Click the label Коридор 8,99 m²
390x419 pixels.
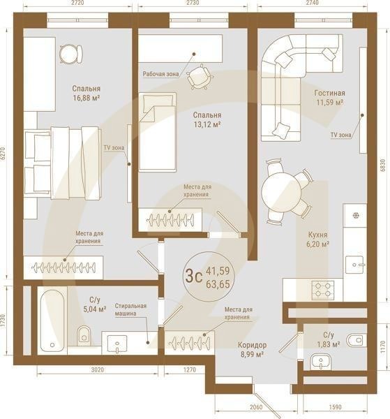click(x=250, y=350)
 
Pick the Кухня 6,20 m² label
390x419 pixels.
click(x=317, y=240)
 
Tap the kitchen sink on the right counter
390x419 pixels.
click(x=356, y=264)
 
